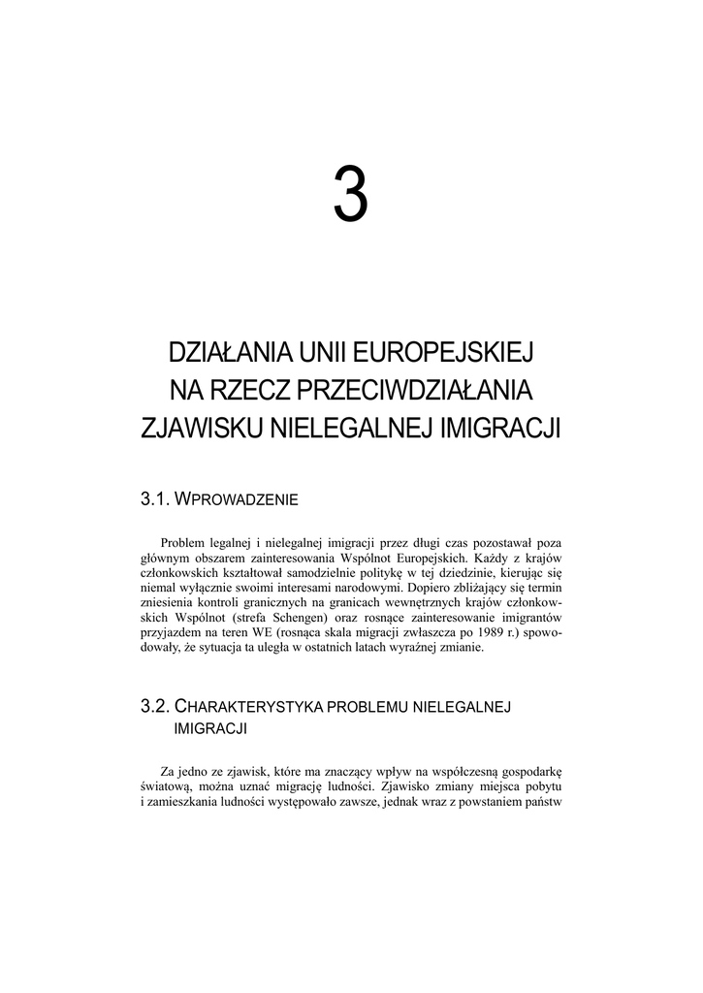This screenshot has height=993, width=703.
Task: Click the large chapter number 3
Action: (x=351, y=194)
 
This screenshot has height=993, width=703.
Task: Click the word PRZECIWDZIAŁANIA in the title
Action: (x=418, y=389)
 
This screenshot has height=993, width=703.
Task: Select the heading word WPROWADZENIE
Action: (x=238, y=500)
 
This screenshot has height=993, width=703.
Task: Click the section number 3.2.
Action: (x=156, y=705)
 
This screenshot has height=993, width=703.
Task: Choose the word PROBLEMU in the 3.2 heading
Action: (x=370, y=706)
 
